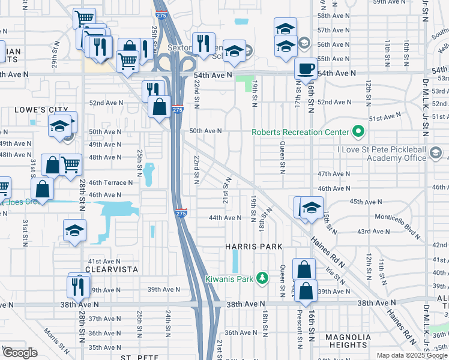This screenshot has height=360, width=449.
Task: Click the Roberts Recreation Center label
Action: [x=300, y=132]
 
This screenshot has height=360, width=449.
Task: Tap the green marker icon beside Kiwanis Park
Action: [x=262, y=278]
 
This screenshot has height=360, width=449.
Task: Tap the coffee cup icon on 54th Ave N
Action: [x=306, y=68]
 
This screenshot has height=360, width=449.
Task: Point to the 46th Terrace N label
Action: [x=110, y=182]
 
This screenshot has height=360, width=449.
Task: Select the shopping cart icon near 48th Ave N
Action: [x=71, y=164]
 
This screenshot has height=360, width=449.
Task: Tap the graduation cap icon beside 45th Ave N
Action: [x=312, y=208]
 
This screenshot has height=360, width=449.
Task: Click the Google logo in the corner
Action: [x=20, y=353]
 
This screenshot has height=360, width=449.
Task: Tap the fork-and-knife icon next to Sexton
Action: [x=203, y=43]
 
